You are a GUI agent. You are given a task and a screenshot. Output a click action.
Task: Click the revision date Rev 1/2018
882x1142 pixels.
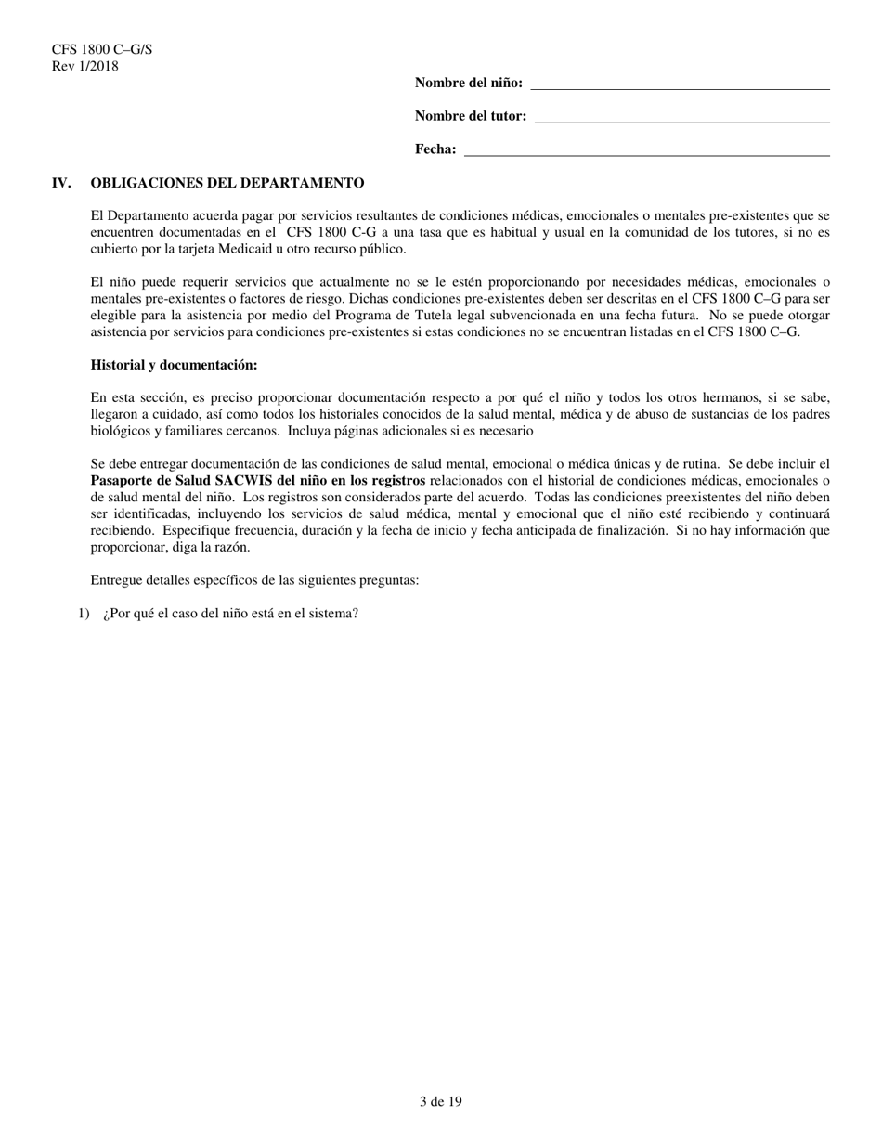tap(85, 66)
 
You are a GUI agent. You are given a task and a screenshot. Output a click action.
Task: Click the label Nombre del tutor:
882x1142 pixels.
tap(471, 117)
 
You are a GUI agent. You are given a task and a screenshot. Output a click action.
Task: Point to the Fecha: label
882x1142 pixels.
tap(435, 149)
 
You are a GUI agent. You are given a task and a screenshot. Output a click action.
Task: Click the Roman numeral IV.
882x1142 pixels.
tap(62, 183)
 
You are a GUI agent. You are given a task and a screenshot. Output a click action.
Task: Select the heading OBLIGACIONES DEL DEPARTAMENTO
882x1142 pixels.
tap(227, 183)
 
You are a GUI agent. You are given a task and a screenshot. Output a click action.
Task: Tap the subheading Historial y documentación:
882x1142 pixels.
tap(174, 365)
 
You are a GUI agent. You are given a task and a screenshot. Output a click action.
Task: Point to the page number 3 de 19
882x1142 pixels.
tap(440, 1102)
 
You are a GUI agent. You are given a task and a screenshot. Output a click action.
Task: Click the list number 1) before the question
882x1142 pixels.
tap(84, 614)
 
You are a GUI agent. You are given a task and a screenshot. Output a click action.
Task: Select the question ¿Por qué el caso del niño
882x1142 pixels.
tap(231, 614)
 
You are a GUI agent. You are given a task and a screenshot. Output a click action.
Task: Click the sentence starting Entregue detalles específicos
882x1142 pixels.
tap(254, 580)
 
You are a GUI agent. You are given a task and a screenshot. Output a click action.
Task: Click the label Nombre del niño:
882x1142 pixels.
tap(468, 84)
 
